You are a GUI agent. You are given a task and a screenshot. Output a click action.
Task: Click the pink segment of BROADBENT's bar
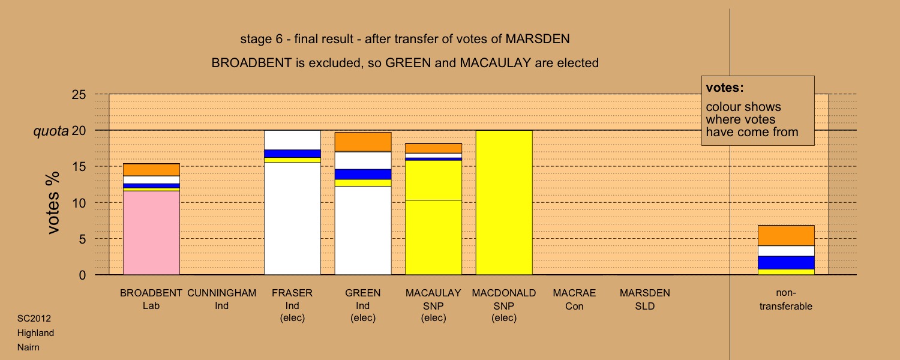pyautogui.click(x=151, y=233)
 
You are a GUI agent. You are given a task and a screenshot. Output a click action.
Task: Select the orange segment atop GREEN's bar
pyautogui.click(x=363, y=142)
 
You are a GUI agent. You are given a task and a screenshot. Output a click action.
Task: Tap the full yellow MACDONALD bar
pyautogui.click(x=504, y=203)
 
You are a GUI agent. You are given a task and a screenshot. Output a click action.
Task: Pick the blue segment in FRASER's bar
pyautogui.click(x=292, y=154)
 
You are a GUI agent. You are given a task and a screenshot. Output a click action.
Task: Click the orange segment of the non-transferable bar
pyautogui.click(x=786, y=235)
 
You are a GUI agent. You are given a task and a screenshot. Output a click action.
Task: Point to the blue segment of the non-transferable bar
pyautogui.click(x=786, y=263)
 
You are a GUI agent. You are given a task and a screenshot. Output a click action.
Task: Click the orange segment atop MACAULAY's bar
pyautogui.click(x=433, y=148)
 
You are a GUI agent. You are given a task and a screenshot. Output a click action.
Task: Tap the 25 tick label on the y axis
pyautogui.click(x=79, y=94)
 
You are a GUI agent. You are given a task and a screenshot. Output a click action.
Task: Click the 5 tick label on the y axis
pyautogui.click(x=82, y=239)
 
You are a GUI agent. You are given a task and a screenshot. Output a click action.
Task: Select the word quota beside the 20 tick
pyautogui.click(x=51, y=131)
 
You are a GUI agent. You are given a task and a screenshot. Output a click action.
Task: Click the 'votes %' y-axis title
pyautogui.click(x=53, y=203)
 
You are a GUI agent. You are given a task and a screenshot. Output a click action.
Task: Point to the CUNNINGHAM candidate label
pyautogui.click(x=222, y=293)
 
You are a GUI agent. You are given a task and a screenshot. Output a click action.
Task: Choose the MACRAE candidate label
pyautogui.click(x=574, y=293)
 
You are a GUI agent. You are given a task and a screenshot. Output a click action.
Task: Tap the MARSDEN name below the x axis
pyautogui.click(x=645, y=293)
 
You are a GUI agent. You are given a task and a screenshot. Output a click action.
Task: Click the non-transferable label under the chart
pyautogui.click(x=786, y=299)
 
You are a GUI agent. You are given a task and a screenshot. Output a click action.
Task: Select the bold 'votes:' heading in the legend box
pyautogui.click(x=725, y=88)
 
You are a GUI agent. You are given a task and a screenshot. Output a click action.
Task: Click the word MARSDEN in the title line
pyautogui.click(x=538, y=39)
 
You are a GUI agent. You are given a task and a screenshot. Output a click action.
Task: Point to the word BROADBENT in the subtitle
pyautogui.click(x=251, y=63)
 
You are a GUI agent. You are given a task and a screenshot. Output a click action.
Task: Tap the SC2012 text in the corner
pyautogui.click(x=34, y=319)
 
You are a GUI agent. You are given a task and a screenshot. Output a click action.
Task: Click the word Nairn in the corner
pyautogui.click(x=29, y=347)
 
